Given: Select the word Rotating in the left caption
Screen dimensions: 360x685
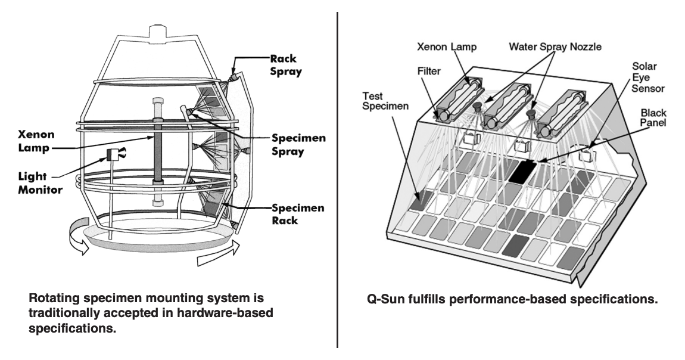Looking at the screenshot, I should click(52, 296).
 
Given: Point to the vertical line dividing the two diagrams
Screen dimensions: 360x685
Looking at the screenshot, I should click(338, 179).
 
